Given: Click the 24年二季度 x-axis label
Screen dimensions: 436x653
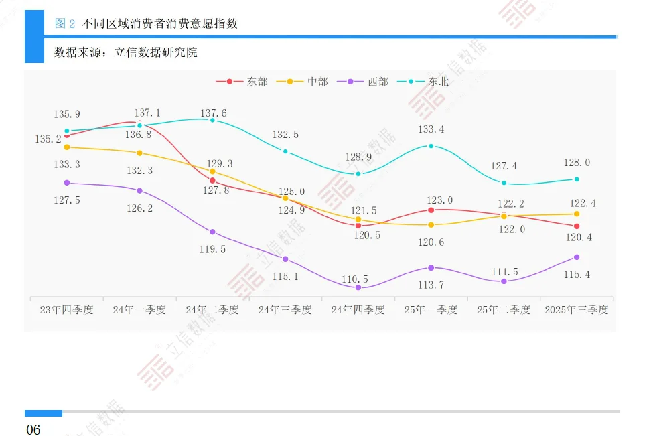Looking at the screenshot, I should pos(212,310).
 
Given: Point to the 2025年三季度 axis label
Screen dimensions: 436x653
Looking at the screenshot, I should pos(577,310).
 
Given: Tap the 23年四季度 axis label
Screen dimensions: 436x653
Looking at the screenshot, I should pos(66,310).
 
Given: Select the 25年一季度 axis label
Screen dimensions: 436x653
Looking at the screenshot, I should pos(431,310).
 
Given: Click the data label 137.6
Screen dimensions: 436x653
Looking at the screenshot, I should pos(213,113).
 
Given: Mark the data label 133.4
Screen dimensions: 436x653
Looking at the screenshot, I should pos(431,129).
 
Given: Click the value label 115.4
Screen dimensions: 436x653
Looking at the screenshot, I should pos(577,275).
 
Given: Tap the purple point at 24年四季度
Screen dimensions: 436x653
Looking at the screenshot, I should pos(358,287).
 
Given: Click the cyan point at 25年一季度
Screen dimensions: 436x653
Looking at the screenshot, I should pos(431,146).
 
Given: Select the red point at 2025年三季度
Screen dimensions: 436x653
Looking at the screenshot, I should pos(577,226).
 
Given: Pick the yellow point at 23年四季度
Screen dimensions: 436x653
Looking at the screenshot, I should pos(67,147).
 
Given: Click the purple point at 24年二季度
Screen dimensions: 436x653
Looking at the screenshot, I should pos(212,232).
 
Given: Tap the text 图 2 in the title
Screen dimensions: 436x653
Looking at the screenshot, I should pos(65,24).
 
